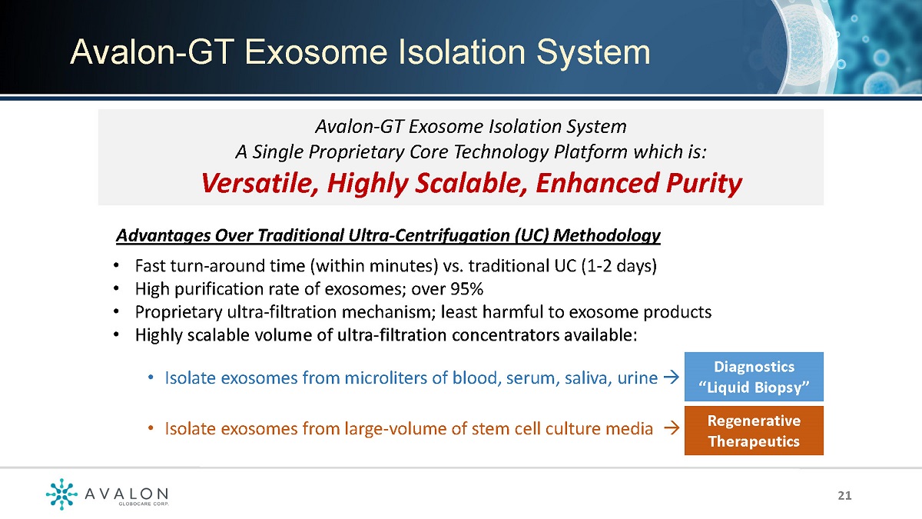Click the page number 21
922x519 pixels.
pyautogui.click(x=844, y=495)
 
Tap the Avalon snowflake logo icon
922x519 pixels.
pyautogui.click(x=61, y=494)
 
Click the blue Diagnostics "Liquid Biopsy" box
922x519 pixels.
pyautogui.click(x=754, y=377)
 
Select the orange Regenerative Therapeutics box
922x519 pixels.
pyautogui.click(x=754, y=431)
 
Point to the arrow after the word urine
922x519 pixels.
pyautogui.click(x=672, y=377)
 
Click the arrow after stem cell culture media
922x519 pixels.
pyautogui.click(x=672, y=428)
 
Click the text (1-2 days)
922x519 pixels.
pyautogui.click(x=619, y=266)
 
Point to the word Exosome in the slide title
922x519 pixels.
pyautogui.click(x=316, y=52)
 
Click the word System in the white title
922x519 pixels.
pyautogui.click(x=593, y=53)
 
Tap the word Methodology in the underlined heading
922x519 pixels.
pyautogui.click(x=607, y=236)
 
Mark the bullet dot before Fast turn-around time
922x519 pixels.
pyautogui.click(x=117, y=266)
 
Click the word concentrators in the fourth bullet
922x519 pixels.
pyautogui.click(x=506, y=335)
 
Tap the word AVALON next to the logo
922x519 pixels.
pyautogui.click(x=127, y=494)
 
